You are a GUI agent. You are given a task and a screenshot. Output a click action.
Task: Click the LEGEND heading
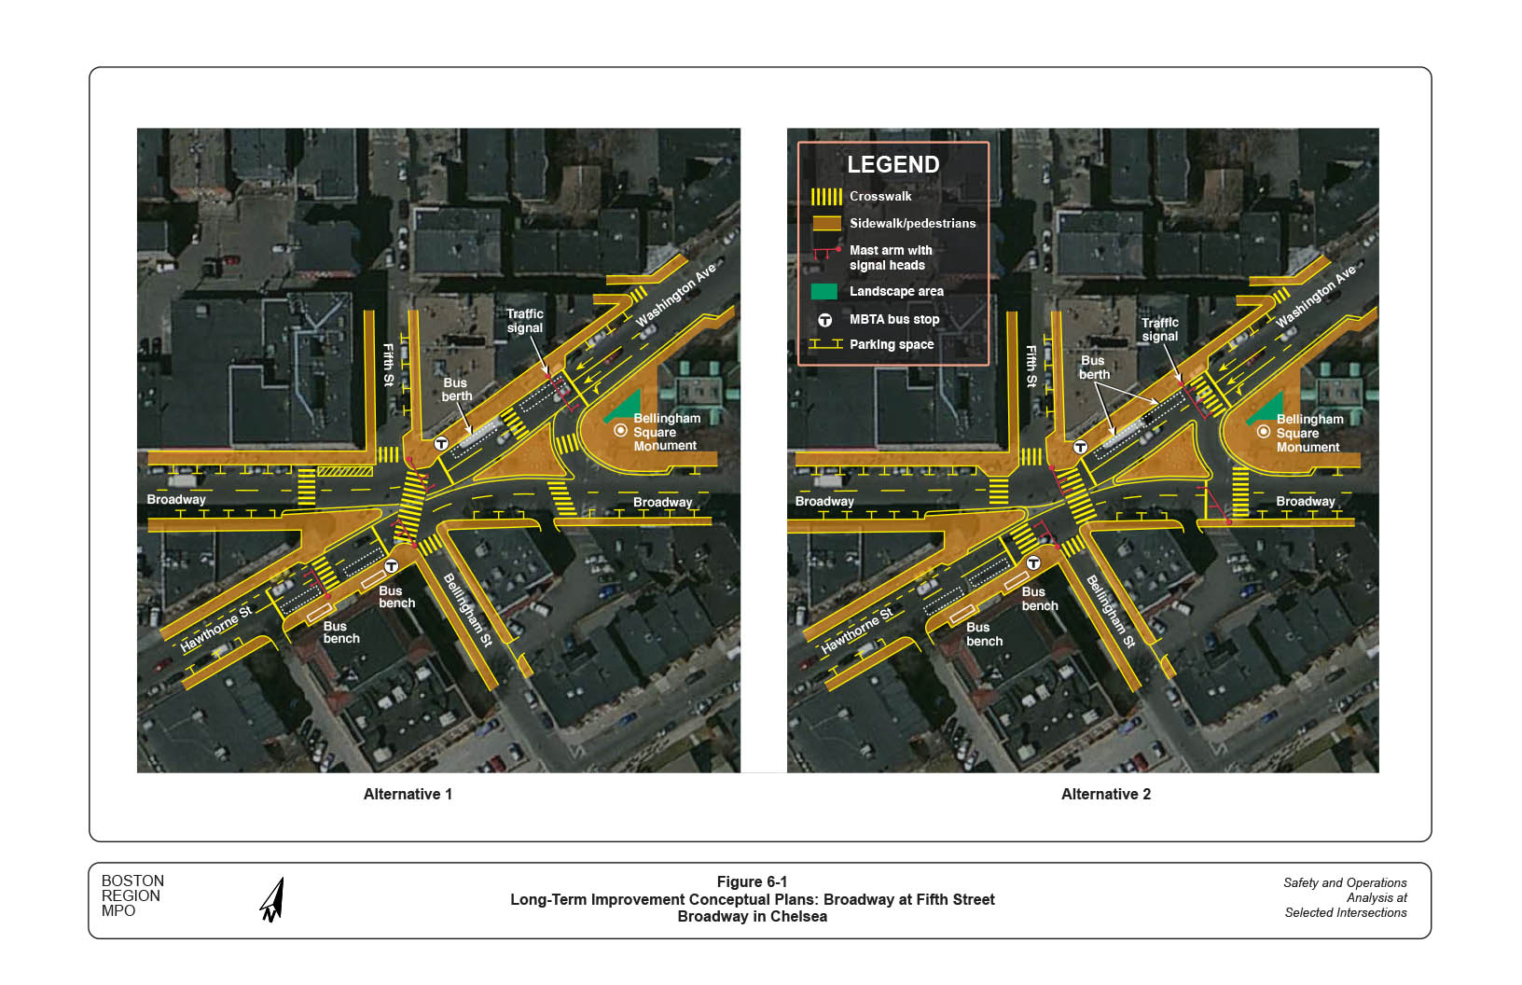click(892, 164)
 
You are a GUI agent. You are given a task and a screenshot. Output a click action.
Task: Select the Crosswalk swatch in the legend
click(826, 197)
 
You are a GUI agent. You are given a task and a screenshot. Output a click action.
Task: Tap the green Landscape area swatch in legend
click(824, 292)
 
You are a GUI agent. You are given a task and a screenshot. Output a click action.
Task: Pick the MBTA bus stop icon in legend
click(825, 320)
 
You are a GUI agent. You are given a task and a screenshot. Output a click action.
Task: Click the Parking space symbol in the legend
click(826, 344)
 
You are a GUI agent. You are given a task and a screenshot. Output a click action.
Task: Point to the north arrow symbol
click(272, 900)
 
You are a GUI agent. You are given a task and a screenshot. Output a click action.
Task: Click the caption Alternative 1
click(408, 795)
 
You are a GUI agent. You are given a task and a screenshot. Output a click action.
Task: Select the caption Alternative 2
click(1105, 795)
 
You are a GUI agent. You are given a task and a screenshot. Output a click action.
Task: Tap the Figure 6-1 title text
click(752, 882)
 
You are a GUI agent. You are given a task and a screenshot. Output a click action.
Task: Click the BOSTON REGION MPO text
click(132, 895)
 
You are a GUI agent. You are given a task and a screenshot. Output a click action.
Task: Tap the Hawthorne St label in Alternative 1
click(215, 629)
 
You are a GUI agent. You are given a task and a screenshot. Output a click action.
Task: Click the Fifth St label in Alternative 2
click(1031, 366)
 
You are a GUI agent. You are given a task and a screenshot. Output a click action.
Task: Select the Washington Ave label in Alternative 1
click(676, 295)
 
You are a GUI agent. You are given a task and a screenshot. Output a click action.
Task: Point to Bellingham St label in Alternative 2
click(1110, 612)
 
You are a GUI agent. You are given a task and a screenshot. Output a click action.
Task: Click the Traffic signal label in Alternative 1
click(524, 321)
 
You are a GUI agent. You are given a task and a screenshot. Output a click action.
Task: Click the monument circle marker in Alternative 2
click(1264, 432)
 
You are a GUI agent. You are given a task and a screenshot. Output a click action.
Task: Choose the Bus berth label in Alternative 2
click(1093, 368)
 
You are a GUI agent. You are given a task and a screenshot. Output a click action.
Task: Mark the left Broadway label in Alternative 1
click(176, 500)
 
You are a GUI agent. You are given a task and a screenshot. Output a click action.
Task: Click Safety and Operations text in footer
click(1345, 882)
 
